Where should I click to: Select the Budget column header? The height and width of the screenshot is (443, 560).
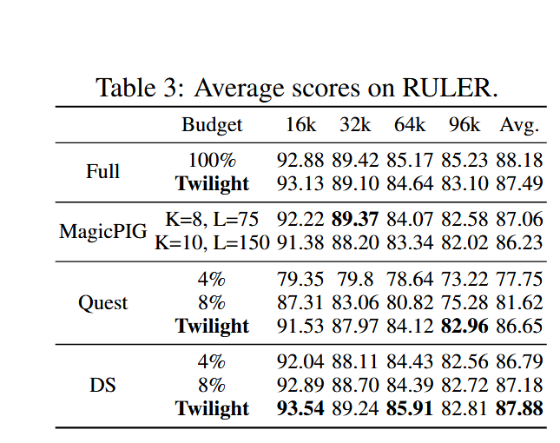pyautogui.click(x=212, y=125)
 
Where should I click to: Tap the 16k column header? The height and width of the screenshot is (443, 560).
pyautogui.click(x=301, y=125)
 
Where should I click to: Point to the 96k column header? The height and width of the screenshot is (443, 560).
pyautogui.click(x=464, y=125)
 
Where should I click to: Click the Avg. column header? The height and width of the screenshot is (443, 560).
pyautogui.click(x=519, y=125)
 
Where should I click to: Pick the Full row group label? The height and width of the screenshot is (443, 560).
pyautogui.click(x=102, y=171)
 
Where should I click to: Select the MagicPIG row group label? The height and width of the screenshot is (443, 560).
pyautogui.click(x=102, y=232)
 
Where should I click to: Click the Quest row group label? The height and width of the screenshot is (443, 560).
pyautogui.click(x=102, y=303)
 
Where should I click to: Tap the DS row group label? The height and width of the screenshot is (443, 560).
pyautogui.click(x=102, y=385)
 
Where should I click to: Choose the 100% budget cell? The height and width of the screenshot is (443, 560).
pyautogui.click(x=212, y=161)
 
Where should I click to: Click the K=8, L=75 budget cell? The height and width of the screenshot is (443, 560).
pyautogui.click(x=212, y=221)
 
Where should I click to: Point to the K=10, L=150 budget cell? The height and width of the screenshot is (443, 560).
pyautogui.click(x=212, y=242)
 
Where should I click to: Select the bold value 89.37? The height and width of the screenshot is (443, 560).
pyautogui.click(x=355, y=221)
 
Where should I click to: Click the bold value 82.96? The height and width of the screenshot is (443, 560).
pyautogui.click(x=464, y=326)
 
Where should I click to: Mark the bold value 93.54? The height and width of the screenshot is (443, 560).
pyautogui.click(x=301, y=408)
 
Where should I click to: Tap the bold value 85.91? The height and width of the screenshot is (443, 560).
pyautogui.click(x=410, y=408)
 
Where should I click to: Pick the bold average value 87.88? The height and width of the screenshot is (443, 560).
pyautogui.click(x=519, y=408)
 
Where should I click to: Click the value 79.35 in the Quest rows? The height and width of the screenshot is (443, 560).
pyautogui.click(x=301, y=281)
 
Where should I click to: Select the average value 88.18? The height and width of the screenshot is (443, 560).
pyautogui.click(x=519, y=161)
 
